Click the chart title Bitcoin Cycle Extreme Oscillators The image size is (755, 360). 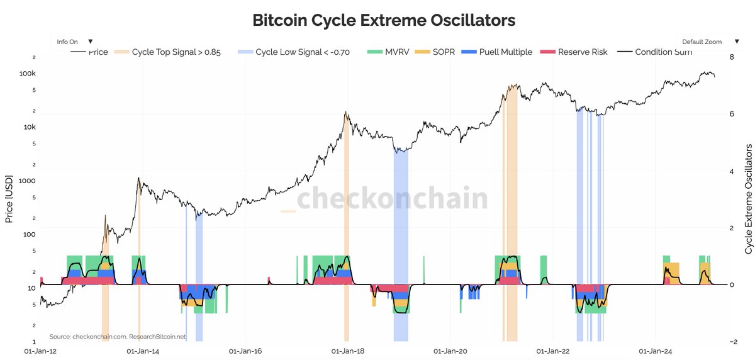384,20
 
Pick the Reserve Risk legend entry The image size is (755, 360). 575,52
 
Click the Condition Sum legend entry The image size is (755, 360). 656,52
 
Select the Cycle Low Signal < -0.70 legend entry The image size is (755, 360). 294,52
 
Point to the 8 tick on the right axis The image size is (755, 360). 731,57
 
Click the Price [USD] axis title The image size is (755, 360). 9,199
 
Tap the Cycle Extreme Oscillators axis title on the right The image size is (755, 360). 748,199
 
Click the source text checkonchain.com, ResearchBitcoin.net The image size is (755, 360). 118,337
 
